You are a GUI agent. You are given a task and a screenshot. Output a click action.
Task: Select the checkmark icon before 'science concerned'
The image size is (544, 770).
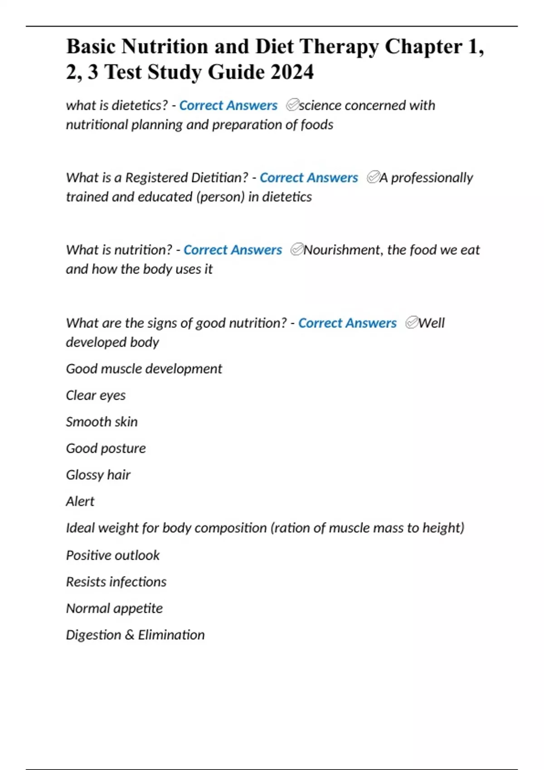(292, 105)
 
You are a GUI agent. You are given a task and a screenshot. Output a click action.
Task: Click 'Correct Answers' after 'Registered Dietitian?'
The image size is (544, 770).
(309, 178)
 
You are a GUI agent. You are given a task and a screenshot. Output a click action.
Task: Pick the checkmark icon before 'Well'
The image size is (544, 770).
(412, 322)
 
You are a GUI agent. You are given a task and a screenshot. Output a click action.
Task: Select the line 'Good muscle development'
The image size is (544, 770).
(144, 369)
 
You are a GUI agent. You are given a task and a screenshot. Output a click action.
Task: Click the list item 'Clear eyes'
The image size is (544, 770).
(96, 395)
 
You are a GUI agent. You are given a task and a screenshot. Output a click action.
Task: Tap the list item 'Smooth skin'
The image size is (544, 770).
(102, 422)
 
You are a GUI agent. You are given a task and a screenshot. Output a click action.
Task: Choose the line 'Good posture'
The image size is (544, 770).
(106, 448)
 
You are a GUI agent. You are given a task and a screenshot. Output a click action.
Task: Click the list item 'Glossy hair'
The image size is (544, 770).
(98, 475)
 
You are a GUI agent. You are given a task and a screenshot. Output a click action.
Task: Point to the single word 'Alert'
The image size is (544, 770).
(80, 501)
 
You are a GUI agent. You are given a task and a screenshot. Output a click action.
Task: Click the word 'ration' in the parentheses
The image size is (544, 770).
(292, 528)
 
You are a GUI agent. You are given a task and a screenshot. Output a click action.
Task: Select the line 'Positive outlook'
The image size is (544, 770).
(112, 555)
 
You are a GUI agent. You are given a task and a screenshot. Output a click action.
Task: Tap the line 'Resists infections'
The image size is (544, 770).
(116, 582)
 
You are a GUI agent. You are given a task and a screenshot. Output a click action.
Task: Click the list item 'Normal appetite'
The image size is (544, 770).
(114, 608)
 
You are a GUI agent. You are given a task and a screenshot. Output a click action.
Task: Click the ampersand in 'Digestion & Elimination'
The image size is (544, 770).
(130, 635)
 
